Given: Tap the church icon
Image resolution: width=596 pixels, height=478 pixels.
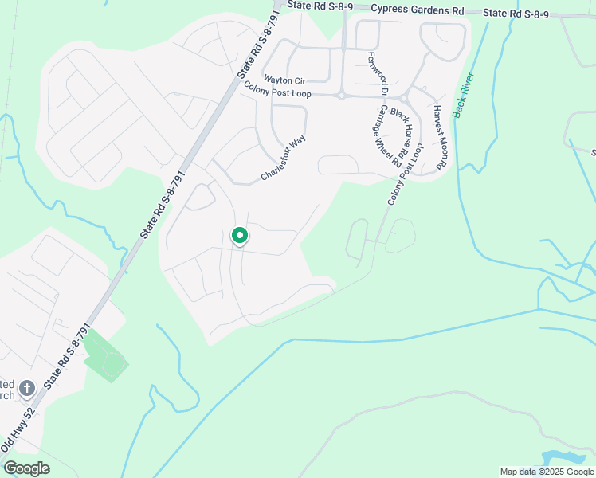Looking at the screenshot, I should pos(26,389).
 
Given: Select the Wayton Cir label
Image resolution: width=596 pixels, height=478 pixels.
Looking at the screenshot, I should pos(285,80).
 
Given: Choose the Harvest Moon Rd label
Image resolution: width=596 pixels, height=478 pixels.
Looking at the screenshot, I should pos(439,136).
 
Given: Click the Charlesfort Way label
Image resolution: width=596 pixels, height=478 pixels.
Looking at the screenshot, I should pos(283,159).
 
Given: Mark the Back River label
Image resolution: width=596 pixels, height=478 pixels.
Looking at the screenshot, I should pos(463,95).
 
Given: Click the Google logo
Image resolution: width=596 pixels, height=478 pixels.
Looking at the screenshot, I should pos(26,468).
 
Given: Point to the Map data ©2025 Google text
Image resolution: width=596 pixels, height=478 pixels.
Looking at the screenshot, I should pos(547,472).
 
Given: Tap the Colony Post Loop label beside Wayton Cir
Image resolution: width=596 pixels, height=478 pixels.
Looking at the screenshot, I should pos(279,92).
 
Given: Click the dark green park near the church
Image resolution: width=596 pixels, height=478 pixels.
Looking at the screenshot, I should pos(106,356).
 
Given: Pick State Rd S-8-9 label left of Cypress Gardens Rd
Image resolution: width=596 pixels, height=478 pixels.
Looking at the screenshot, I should pos(320,6).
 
